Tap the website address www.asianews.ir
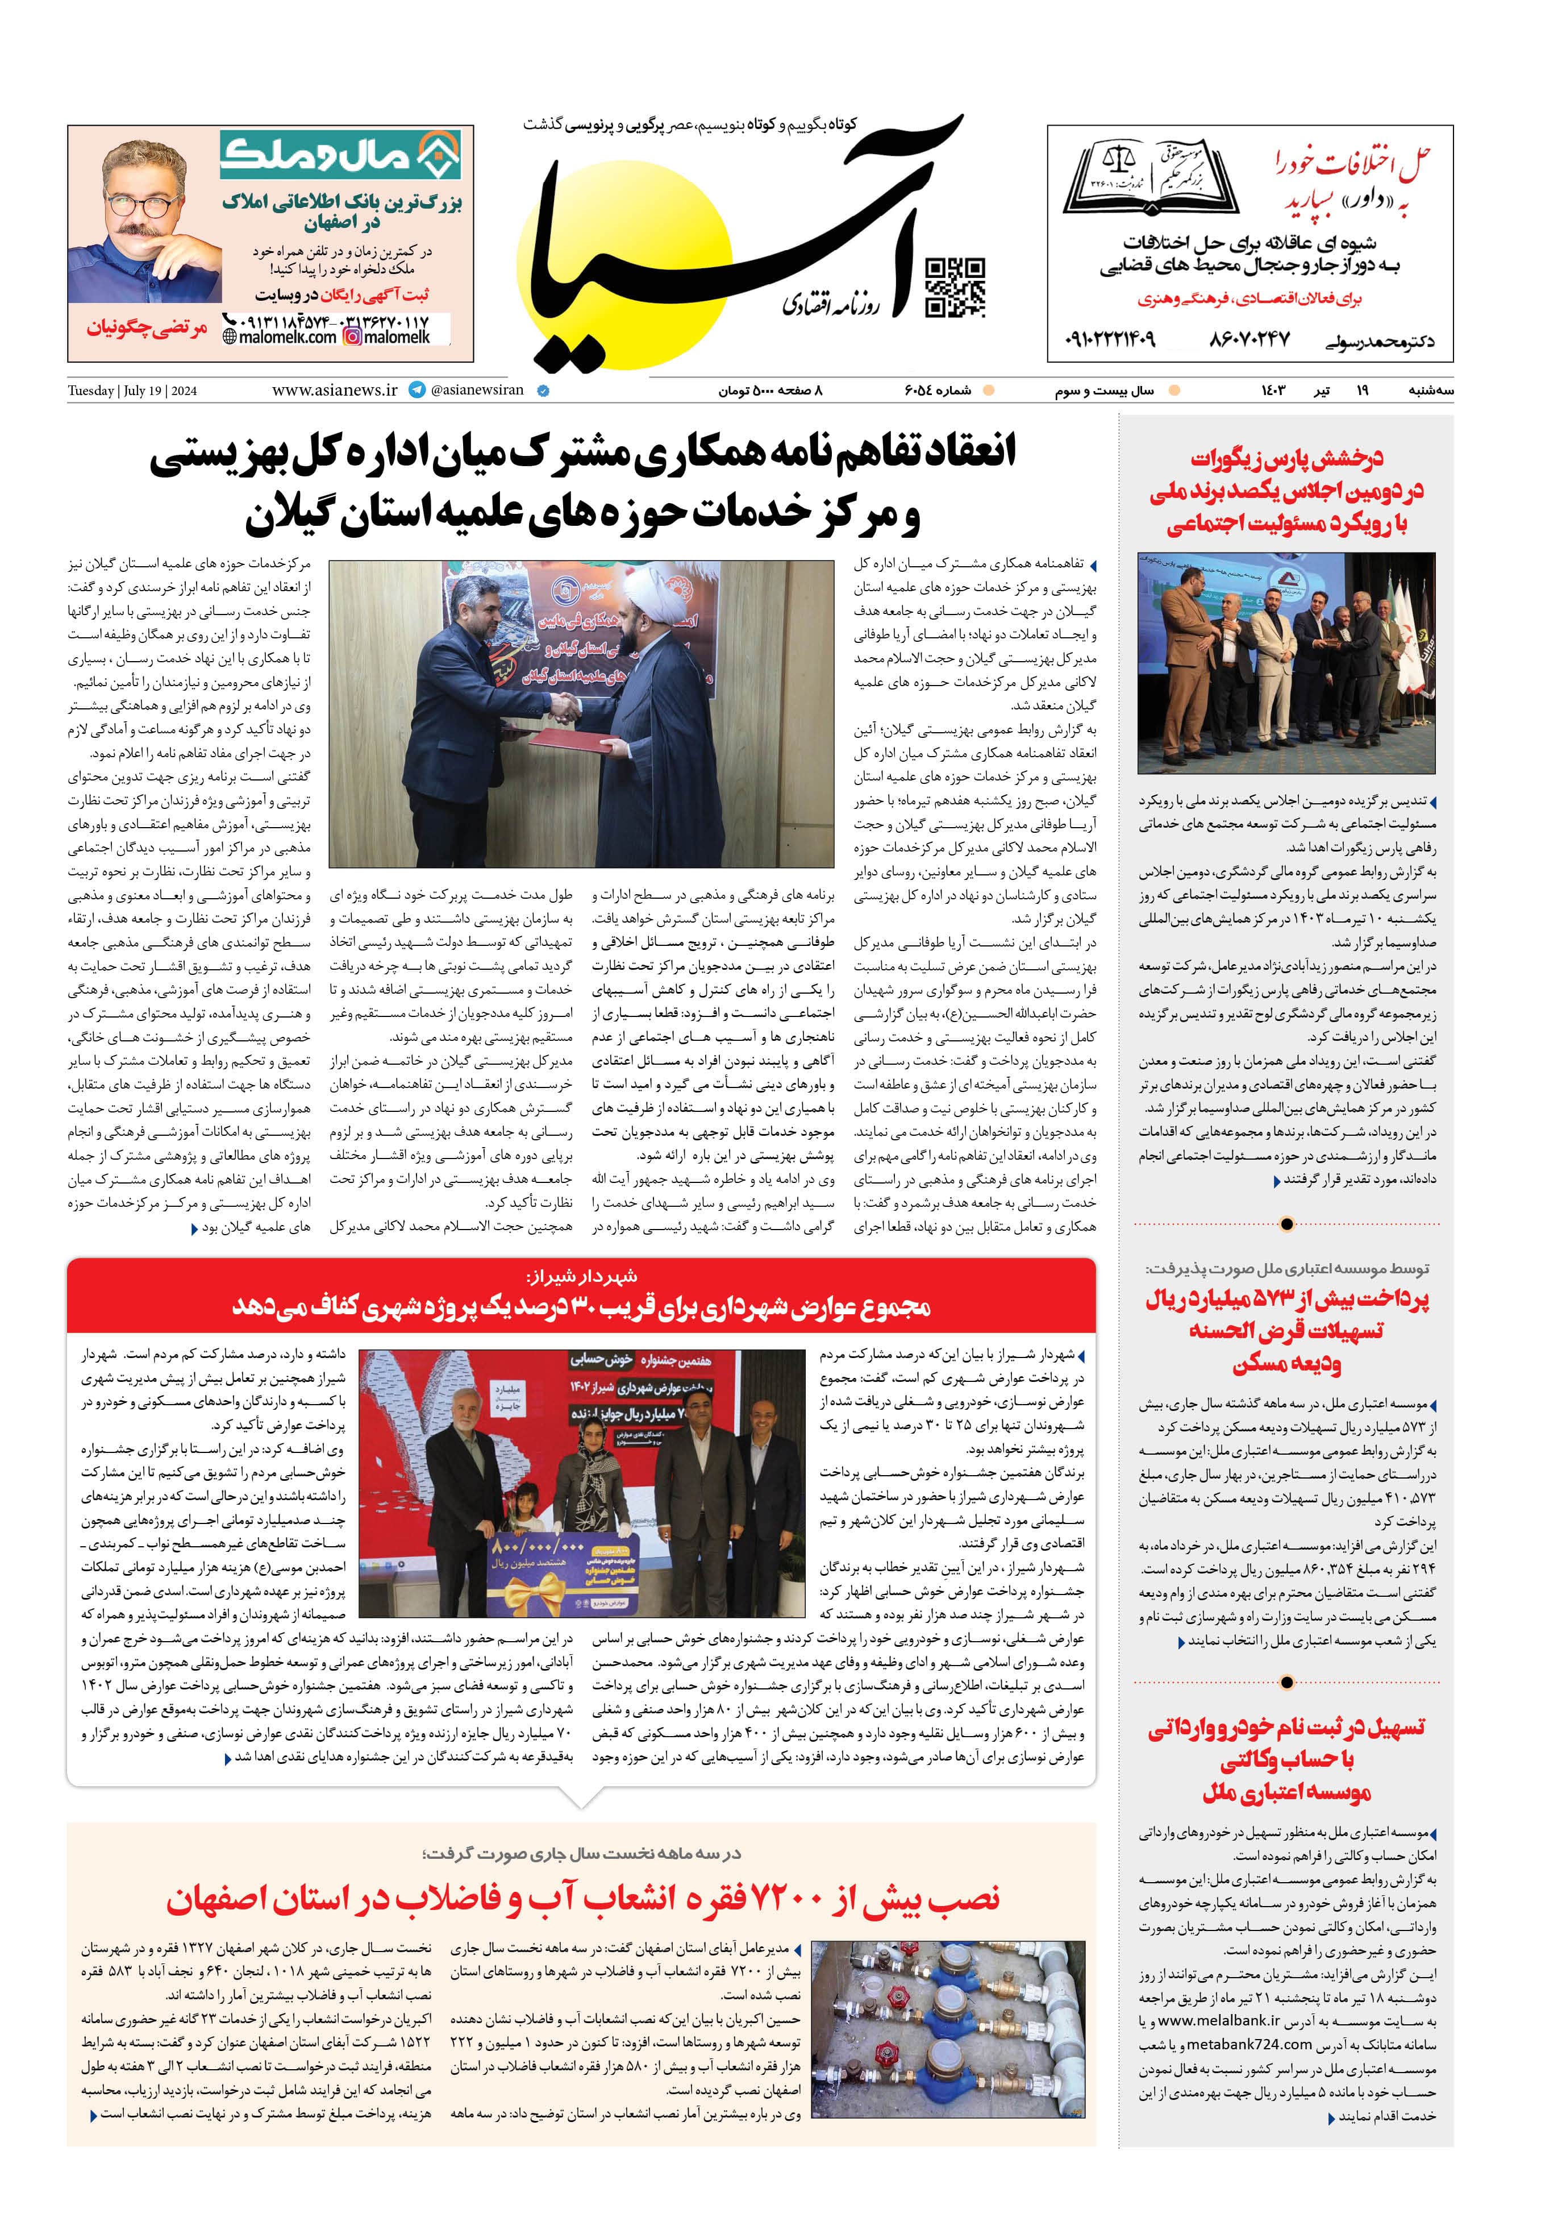tap(334, 390)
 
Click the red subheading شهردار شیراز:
tap(581, 1276)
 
